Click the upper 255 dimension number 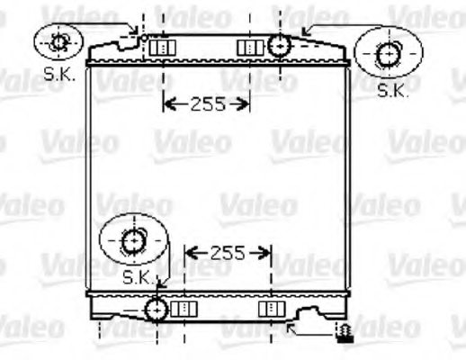[207, 103]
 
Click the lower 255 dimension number [228, 253]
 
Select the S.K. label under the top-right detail [392, 89]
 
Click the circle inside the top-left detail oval [59, 41]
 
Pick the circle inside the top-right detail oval [389, 55]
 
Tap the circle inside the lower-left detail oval [132, 241]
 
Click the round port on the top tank [280, 45]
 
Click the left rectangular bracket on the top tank [160, 47]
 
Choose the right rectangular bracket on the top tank [246, 47]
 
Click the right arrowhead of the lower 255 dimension [266, 253]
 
